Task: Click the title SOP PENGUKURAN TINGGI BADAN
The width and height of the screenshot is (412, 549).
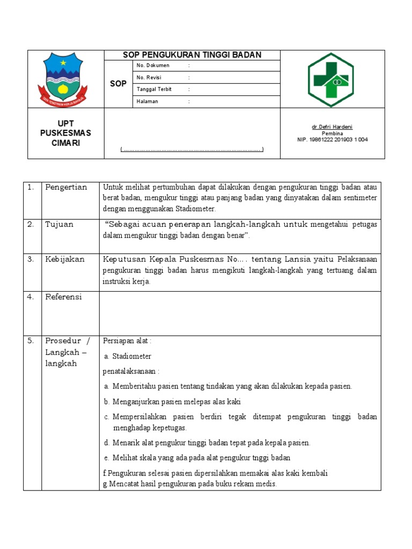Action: coord(192,55)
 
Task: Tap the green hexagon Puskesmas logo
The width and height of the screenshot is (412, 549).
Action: coord(330,79)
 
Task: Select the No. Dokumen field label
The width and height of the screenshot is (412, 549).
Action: coord(153,65)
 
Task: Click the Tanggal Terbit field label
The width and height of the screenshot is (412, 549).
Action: coord(154,90)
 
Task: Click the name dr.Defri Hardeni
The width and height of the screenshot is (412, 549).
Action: coord(332,127)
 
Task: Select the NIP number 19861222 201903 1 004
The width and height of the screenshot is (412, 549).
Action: coord(332,139)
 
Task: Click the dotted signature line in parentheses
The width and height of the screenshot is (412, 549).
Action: coord(192,149)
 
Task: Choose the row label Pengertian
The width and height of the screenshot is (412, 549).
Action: coord(66,187)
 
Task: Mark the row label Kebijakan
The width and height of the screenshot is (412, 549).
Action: coord(65,259)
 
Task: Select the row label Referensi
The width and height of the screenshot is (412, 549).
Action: coord(63,296)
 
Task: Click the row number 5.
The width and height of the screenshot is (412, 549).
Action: coord(31,340)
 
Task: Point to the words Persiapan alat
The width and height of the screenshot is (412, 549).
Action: coord(127,340)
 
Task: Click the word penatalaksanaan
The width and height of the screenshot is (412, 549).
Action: coord(131,371)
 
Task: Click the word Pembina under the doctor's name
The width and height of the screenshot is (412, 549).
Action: coord(332,133)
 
